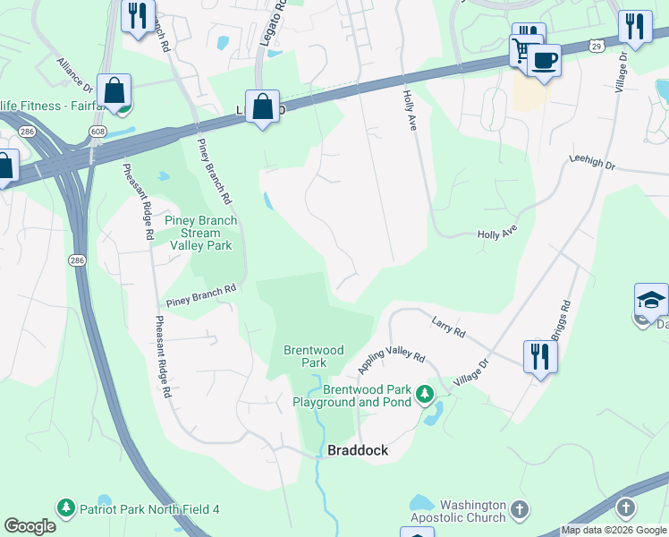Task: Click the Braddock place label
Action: click(x=358, y=450)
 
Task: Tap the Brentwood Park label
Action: click(x=314, y=356)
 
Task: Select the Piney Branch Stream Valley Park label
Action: click(x=200, y=233)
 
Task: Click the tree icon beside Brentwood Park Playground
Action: click(x=426, y=393)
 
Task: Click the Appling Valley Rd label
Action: click(x=391, y=361)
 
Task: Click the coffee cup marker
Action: click(x=543, y=61)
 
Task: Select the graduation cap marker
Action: click(x=651, y=300)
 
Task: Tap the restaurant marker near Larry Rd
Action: click(x=540, y=355)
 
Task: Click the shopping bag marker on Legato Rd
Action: click(x=262, y=107)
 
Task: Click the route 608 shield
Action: click(x=97, y=132)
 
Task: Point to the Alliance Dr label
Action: click(x=75, y=75)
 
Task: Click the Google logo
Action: click(x=30, y=526)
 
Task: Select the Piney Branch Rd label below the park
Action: click(x=200, y=289)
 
